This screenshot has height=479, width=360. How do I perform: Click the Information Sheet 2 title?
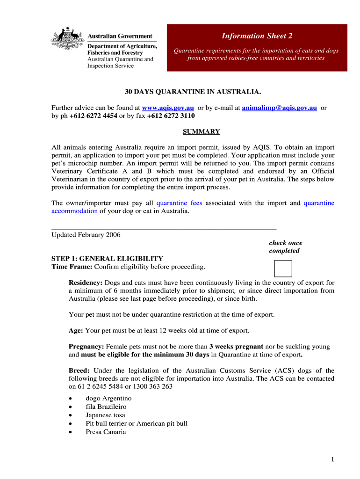tap(257, 36)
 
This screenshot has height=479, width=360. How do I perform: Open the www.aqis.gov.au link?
tap(168, 108)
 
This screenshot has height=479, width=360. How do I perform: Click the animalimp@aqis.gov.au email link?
tap(279, 108)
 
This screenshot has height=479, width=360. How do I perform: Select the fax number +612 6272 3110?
tap(171, 116)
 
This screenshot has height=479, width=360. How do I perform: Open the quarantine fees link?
tap(179, 203)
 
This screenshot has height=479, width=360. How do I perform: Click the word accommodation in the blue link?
tap(74, 211)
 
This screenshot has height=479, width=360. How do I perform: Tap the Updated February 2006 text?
tap(86, 235)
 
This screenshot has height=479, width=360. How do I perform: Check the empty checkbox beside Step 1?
tap(283, 269)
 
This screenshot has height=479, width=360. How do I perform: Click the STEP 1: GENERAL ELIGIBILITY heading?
tap(107, 259)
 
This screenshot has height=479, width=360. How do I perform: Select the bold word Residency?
tap(86, 283)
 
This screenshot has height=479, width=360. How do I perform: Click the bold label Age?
tap(76, 331)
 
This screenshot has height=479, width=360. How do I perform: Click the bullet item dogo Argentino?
tap(108, 399)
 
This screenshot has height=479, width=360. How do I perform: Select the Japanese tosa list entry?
tap(105, 415)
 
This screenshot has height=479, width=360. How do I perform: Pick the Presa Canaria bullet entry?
tap(106, 432)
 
